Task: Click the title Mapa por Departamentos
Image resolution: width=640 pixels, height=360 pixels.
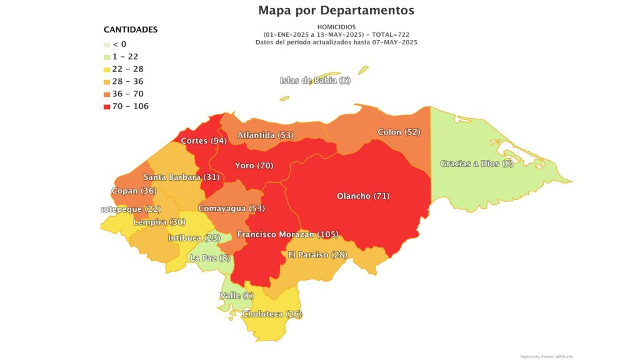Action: point(336,11)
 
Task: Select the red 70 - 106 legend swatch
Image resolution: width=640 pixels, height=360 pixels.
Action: point(107,106)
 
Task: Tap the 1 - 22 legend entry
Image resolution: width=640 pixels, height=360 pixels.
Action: point(125,57)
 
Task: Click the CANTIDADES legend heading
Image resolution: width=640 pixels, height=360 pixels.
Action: point(130,29)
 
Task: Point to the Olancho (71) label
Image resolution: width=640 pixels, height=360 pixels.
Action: point(363,196)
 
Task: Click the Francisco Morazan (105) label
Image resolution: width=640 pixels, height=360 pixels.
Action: point(287,234)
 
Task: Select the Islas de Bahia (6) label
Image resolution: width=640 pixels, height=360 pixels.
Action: point(315,80)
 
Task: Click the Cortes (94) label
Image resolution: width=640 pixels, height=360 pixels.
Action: point(203,141)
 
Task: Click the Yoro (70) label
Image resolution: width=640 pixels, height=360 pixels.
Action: point(254,166)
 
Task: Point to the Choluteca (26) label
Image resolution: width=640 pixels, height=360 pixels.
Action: point(272,314)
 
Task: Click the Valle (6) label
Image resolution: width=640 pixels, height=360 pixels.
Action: point(237,296)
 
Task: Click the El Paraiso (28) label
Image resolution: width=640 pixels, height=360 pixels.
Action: point(317,254)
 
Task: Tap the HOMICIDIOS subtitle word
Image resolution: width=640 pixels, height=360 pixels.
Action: point(336,27)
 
